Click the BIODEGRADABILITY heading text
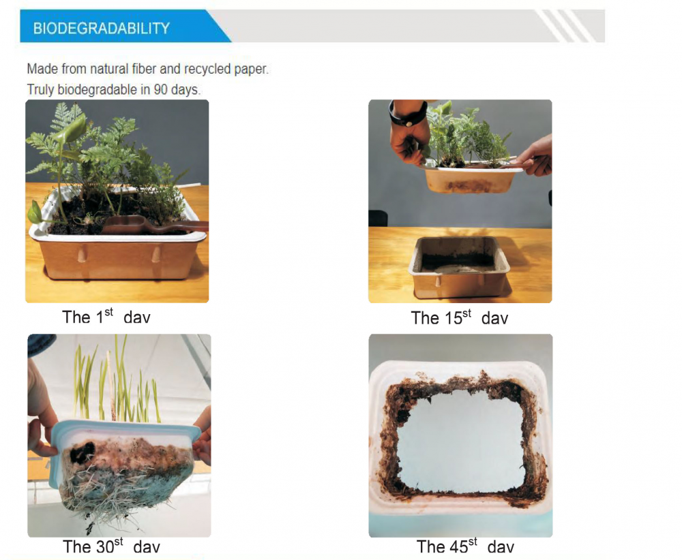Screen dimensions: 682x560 click(102, 28)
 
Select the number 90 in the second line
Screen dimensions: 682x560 click(160, 89)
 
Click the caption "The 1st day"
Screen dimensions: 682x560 click(106, 316)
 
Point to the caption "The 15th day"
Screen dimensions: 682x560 click(459, 317)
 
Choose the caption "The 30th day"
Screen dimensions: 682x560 click(111, 546)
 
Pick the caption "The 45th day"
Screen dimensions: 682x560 click(465, 546)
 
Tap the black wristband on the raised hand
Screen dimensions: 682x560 click(408, 114)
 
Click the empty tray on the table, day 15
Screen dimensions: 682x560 click(459, 267)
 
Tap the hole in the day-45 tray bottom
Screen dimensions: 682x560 click(461, 441)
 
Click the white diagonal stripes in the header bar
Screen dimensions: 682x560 click(565, 26)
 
